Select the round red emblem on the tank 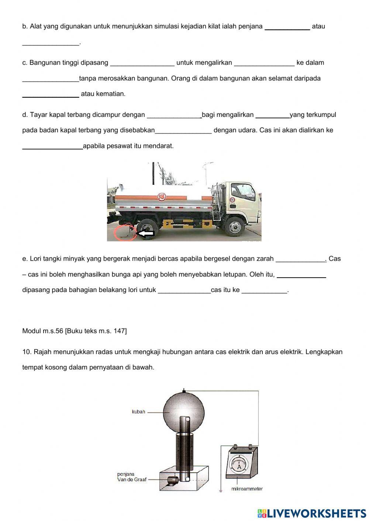pyautogui.click(x=161, y=197)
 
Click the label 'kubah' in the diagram pyautogui.click(x=138, y=412)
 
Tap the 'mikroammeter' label pyautogui.click(x=246, y=489)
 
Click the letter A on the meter pyautogui.click(x=239, y=467)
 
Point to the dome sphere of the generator pyautogui.click(x=183, y=410)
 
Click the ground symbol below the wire pyautogui.click(x=221, y=491)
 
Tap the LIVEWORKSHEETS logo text pyautogui.click(x=316, y=513)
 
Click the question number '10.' pyautogui.click(x=27, y=352)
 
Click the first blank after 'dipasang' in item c pyautogui.click(x=142, y=63)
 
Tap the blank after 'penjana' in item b pyautogui.click(x=287, y=27)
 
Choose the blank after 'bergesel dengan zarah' pyautogui.click(x=301, y=259)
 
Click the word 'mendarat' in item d pyautogui.click(x=159, y=146)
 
